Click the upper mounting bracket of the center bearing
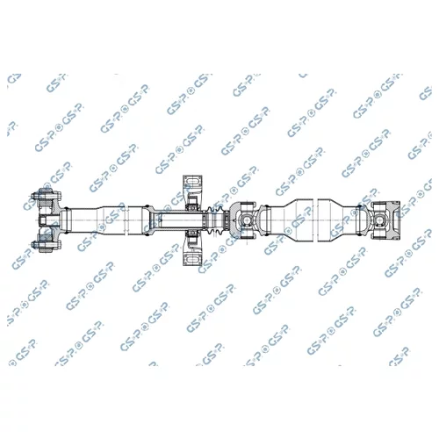pos(192,186)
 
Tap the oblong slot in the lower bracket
pos(192,259)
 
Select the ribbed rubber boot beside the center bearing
pos(214,220)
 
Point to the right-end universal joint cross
pos(379,220)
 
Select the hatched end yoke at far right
pos(393,220)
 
